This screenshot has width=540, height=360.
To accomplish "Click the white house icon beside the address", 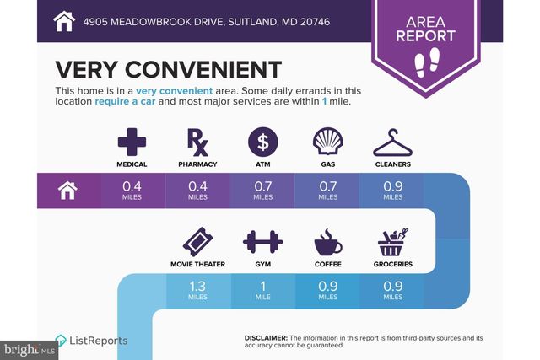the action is [64, 21].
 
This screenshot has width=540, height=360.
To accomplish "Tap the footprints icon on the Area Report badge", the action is [427, 62].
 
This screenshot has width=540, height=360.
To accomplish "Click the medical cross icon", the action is [132, 142].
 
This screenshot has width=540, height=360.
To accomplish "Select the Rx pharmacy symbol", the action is [197, 142].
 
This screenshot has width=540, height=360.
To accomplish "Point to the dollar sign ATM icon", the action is [262, 142].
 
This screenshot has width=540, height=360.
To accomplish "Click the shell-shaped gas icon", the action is [328, 142].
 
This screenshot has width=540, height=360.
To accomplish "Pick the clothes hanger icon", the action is [392, 142].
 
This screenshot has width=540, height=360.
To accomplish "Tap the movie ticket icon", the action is [197, 242].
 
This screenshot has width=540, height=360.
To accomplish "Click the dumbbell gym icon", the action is [262, 242].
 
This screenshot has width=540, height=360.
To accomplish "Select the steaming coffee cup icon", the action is [328, 242].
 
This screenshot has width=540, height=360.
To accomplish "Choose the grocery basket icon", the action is [393, 242].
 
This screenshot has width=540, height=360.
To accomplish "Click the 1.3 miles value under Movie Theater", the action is [197, 290].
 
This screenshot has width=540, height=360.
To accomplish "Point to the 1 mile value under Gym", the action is [262, 290].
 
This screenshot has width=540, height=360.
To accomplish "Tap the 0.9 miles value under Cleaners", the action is [393, 191].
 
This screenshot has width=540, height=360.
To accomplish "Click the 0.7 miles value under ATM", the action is [262, 191].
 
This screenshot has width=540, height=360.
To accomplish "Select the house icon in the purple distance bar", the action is [67, 191].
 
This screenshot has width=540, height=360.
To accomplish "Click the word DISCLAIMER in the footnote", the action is [266, 338].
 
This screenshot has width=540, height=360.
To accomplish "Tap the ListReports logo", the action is [91, 341].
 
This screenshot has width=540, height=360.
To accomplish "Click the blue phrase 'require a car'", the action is [125, 101].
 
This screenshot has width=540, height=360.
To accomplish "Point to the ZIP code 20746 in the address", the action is [315, 22].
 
